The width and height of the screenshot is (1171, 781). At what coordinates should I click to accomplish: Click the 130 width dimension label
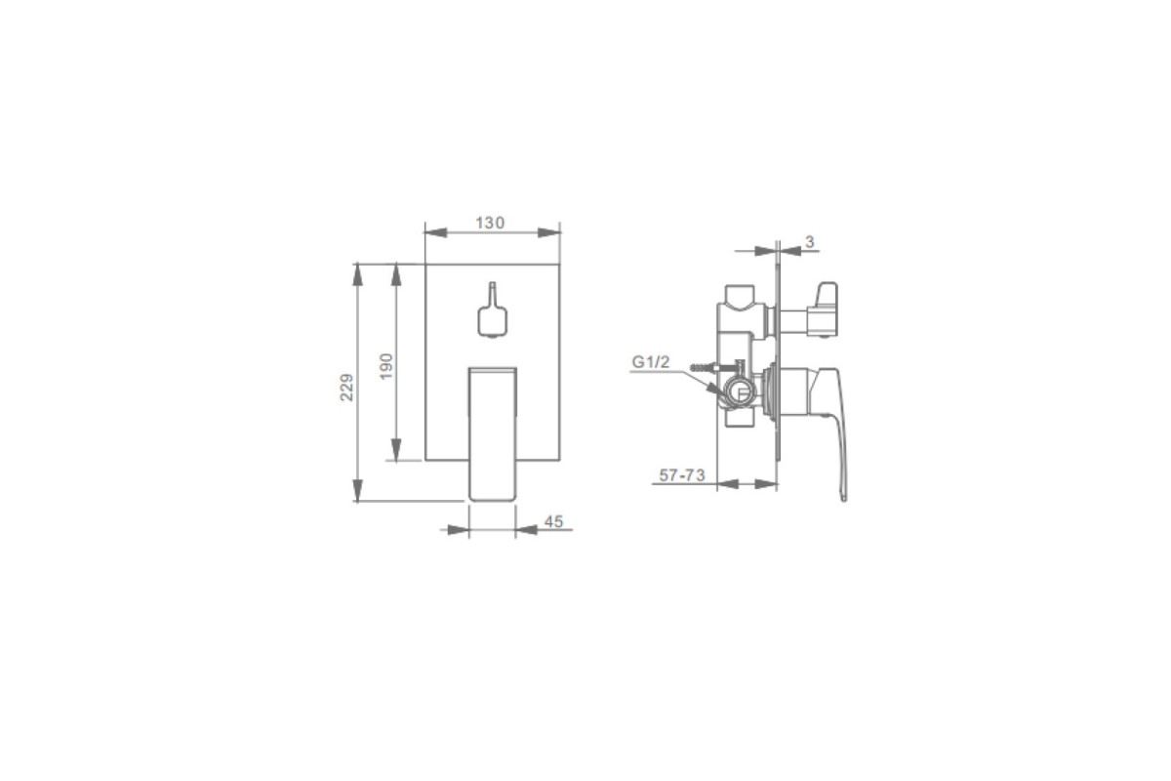point(490,223)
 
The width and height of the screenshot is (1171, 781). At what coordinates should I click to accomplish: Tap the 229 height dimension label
point(347,388)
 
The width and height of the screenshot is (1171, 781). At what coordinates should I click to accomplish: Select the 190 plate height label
point(385,366)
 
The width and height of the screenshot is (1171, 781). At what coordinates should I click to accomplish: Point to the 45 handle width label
point(553,521)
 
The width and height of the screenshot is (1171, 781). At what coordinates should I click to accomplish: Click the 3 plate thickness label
point(810,242)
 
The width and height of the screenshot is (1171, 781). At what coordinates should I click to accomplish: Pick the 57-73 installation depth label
point(682,475)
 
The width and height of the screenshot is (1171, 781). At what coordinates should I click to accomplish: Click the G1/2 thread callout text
point(650,361)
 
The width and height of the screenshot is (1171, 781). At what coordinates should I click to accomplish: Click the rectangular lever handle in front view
point(493,433)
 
